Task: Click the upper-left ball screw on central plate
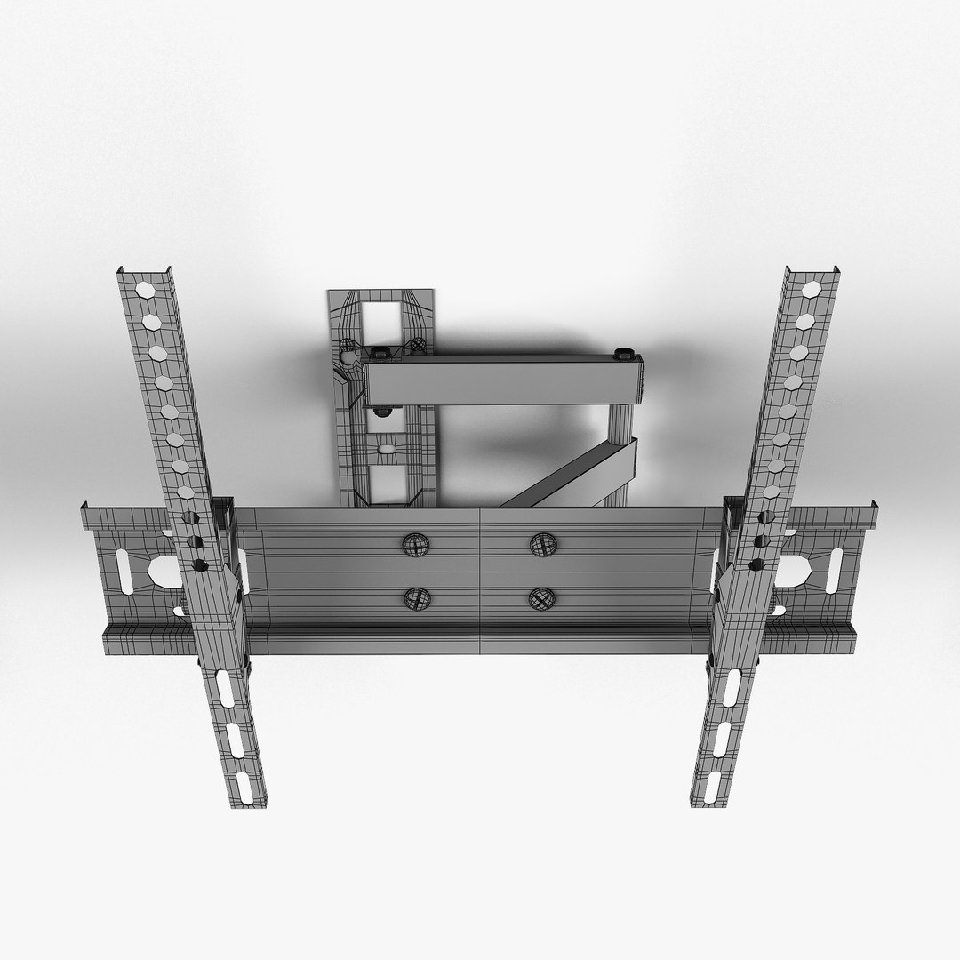point(415,544)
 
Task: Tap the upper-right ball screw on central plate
point(541,544)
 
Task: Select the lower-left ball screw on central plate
point(414,599)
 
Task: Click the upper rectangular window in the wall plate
point(380,317)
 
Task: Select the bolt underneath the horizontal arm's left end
point(382,412)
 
